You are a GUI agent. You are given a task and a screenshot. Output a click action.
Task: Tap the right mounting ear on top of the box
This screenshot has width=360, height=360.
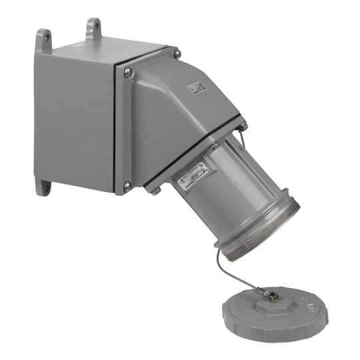[x=93, y=27]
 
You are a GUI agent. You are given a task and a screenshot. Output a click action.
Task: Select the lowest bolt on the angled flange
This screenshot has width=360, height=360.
[x=155, y=191]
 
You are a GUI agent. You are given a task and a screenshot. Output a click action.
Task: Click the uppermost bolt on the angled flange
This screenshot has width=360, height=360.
[x=243, y=125]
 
